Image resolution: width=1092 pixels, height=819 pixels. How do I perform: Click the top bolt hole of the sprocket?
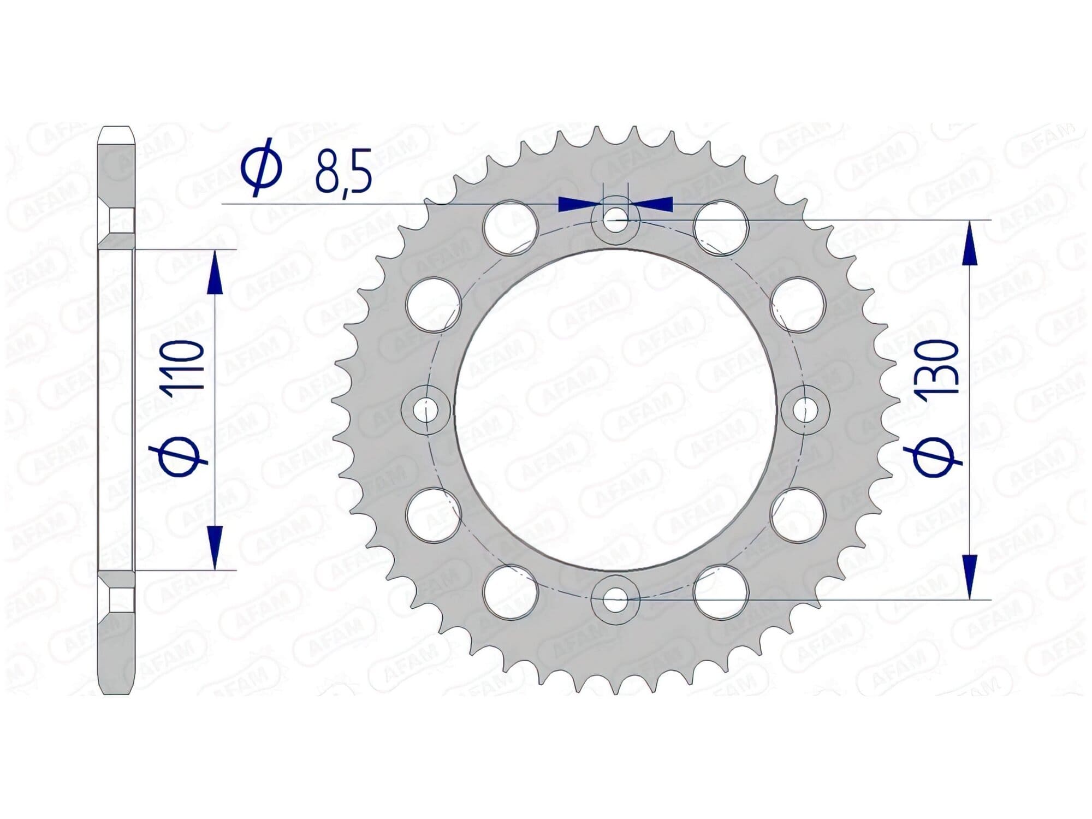[616, 219]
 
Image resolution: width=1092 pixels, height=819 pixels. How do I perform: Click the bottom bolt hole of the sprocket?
[616, 598]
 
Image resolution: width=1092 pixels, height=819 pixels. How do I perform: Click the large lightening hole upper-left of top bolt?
[511, 227]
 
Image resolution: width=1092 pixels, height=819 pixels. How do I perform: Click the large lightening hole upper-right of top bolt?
[721, 227]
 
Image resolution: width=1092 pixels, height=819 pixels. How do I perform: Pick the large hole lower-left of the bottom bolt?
[511, 592]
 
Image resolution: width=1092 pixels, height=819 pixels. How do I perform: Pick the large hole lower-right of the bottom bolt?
[721, 592]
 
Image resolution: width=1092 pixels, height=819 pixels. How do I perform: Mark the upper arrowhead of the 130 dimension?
[970, 242]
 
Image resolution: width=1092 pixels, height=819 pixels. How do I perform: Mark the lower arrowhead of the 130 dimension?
[970, 575]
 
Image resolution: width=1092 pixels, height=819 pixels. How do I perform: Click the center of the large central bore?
[616, 409]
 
